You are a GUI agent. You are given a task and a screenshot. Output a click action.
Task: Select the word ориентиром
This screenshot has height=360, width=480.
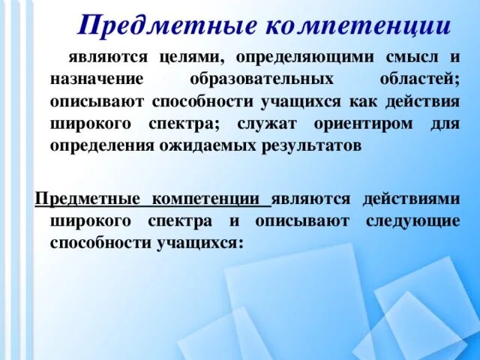tap(358, 123)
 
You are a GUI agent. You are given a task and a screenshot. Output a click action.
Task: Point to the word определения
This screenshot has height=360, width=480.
tap(101, 145)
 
